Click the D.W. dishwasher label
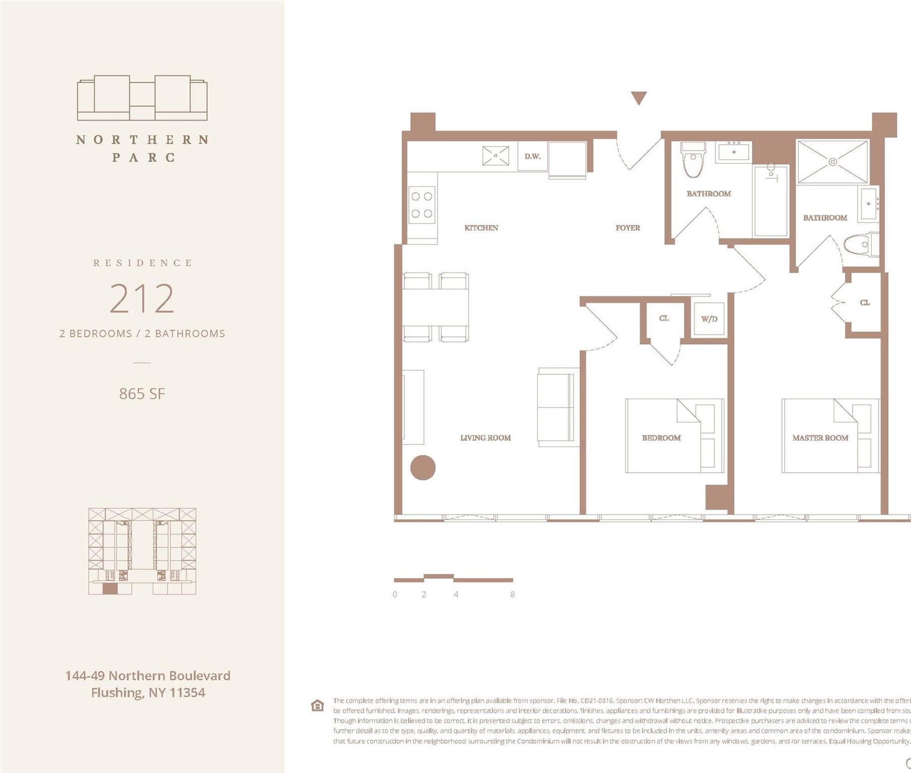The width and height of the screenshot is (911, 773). tap(532, 156)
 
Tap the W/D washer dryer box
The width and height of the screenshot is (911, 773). tap(709, 319)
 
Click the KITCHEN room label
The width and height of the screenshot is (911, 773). tap(481, 228)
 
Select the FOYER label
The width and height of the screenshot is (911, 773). tap(627, 228)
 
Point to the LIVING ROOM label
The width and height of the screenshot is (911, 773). tap(485, 438)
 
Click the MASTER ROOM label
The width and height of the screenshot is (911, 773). tap(820, 438)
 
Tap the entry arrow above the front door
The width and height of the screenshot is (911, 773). tap(638, 98)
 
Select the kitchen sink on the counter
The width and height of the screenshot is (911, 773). tap(495, 156)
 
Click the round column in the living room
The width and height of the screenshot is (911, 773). tap(422, 467)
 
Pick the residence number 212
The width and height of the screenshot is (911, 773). tap(142, 299)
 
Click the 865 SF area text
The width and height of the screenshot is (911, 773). tap(142, 394)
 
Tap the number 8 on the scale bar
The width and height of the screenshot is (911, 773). tap(512, 594)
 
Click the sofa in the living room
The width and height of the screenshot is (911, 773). tap(557, 407)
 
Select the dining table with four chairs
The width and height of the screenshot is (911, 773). tap(436, 307)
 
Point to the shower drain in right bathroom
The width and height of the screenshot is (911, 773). tap(833, 162)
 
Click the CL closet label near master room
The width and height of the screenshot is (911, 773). tap(865, 303)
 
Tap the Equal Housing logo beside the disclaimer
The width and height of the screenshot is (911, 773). tap(317, 705)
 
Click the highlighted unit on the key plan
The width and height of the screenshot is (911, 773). tap(110, 588)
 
